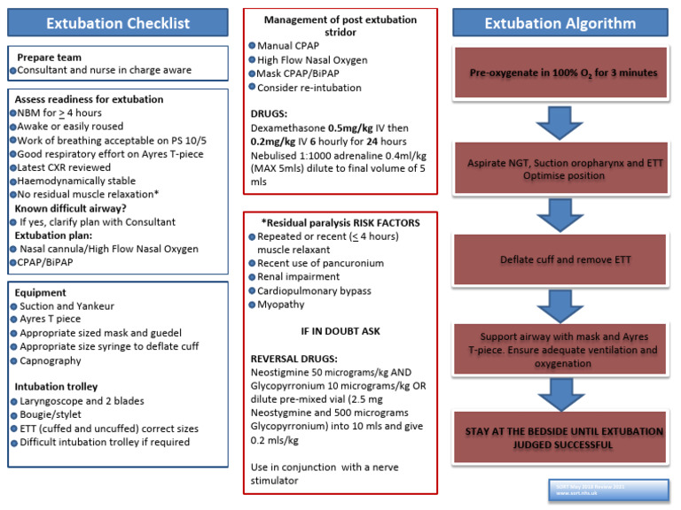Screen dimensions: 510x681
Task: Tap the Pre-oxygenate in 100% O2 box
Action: pyautogui.click(x=563, y=73)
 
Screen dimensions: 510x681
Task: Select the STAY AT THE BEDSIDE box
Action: pyautogui.click(x=563, y=437)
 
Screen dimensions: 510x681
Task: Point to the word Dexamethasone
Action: pyautogui.click(x=287, y=128)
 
